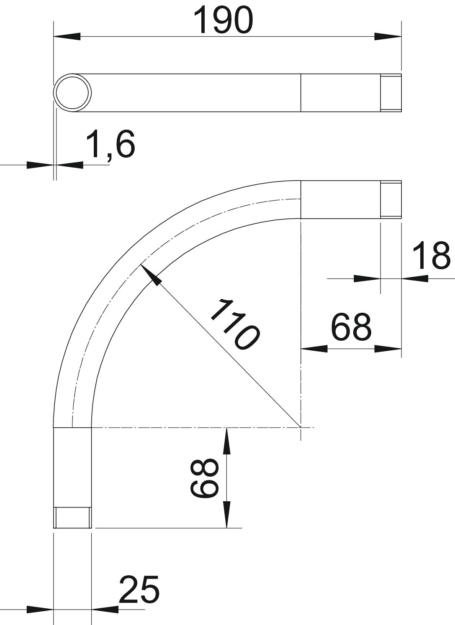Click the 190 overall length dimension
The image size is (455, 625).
click(223, 20)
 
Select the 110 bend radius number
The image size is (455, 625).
click(235, 324)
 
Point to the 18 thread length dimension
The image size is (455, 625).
click(431, 255)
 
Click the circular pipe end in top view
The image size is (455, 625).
click(72, 93)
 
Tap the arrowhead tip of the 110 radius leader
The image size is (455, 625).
click(141, 265)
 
